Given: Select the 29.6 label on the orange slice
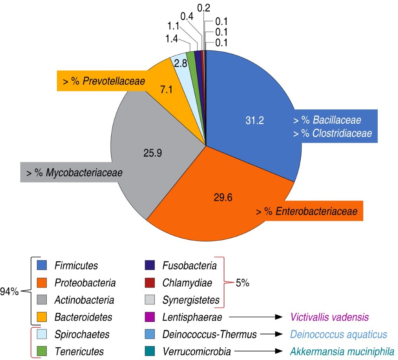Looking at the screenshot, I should pos(223,197).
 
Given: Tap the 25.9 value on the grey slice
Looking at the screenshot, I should pos(153,153).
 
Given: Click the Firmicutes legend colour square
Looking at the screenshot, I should pos(42,265).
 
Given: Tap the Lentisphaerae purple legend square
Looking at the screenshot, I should pos(150,317).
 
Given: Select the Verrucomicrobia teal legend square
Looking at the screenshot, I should pos(150,351).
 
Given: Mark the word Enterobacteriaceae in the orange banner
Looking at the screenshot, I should pos(317,211).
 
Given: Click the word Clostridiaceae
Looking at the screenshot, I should pos(342,134).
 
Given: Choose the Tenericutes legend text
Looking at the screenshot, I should pos(79,351).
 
